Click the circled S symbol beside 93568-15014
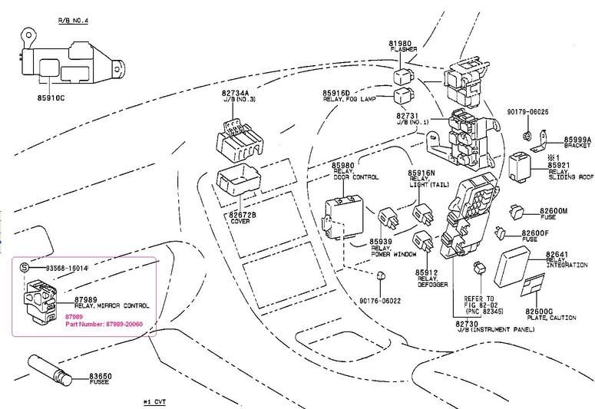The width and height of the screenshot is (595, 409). click(24, 267)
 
